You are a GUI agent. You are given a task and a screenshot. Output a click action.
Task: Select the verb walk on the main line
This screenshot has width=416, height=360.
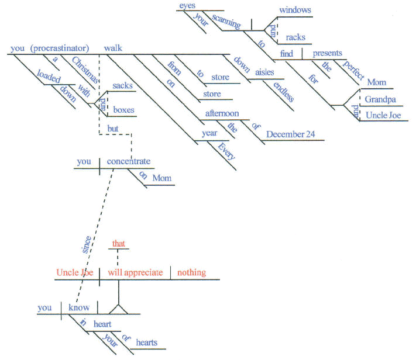pyautogui.click(x=113, y=48)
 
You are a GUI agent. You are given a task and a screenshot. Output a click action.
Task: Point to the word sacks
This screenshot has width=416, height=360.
pyautogui.click(x=122, y=86)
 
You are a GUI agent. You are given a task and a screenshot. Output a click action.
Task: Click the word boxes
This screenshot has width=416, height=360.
pyautogui.click(x=123, y=109)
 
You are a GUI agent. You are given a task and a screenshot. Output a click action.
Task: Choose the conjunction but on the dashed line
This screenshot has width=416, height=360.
pyautogui.click(x=112, y=128)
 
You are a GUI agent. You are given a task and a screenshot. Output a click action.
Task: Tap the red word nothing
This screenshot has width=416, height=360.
pyautogui.click(x=191, y=272)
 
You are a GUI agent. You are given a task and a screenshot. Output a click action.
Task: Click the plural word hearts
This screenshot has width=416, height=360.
pyautogui.click(x=146, y=343)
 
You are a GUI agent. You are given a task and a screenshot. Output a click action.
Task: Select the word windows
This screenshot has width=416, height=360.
pyautogui.click(x=295, y=11)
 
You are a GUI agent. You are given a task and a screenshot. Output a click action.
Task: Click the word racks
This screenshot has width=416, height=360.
pyautogui.click(x=295, y=38)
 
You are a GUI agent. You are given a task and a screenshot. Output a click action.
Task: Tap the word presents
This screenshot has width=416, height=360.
pyautogui.click(x=327, y=53)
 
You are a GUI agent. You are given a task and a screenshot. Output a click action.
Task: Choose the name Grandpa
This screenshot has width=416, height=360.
pyautogui.click(x=380, y=99)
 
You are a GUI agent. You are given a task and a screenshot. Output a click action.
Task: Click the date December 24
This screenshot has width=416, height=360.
pyautogui.click(x=291, y=134)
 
